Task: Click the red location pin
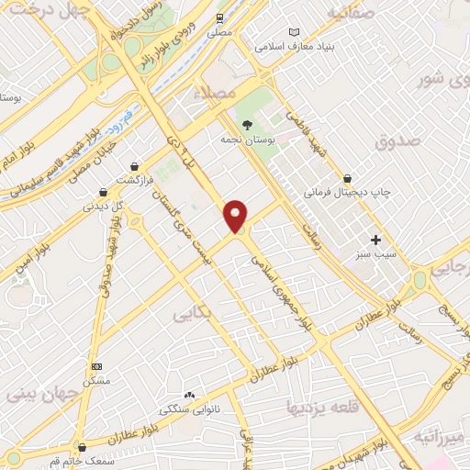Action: coord(237,216)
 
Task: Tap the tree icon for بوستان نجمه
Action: coord(245,125)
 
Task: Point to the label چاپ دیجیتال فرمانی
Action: coord(347,194)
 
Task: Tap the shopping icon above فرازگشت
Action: coord(136,166)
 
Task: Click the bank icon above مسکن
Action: coord(96,366)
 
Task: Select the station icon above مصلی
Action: coord(219,18)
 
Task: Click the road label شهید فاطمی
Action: coord(308,138)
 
